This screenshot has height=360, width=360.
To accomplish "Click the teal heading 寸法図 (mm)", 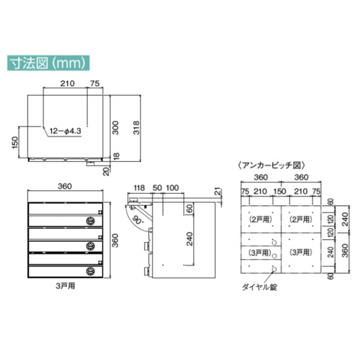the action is coord(48,63).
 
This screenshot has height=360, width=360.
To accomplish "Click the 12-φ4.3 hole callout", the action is coord(65,131).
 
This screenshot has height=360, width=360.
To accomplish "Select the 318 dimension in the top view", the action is coord(136,128).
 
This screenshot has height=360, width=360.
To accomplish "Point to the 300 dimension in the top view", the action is coord(115,128).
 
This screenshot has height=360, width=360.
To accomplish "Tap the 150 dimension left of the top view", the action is coord(14,142).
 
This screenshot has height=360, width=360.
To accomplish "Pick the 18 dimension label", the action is coord(116,155).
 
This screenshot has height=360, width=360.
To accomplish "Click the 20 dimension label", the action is coord(106,171).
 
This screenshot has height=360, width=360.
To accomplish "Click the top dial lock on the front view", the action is coord(91,221).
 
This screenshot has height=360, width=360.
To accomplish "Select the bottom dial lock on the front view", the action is coord(91,271).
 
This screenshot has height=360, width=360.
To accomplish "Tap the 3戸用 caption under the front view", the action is coord(65,286).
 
